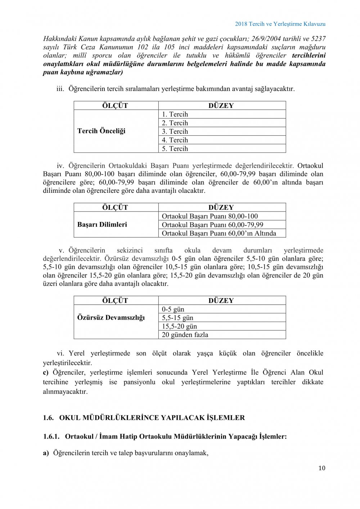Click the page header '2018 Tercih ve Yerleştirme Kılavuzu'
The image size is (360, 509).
point(280,24)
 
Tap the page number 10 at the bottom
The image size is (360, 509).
point(321,468)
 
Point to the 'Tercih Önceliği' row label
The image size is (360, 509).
point(101,131)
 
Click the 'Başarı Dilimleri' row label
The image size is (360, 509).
point(102,225)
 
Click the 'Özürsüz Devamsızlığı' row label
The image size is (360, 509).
point(111,318)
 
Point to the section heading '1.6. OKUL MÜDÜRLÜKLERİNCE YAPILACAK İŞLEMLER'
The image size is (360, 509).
point(144,418)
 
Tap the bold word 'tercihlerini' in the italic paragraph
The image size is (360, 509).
point(309,55)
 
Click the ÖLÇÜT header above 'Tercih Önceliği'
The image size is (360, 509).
point(115,106)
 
